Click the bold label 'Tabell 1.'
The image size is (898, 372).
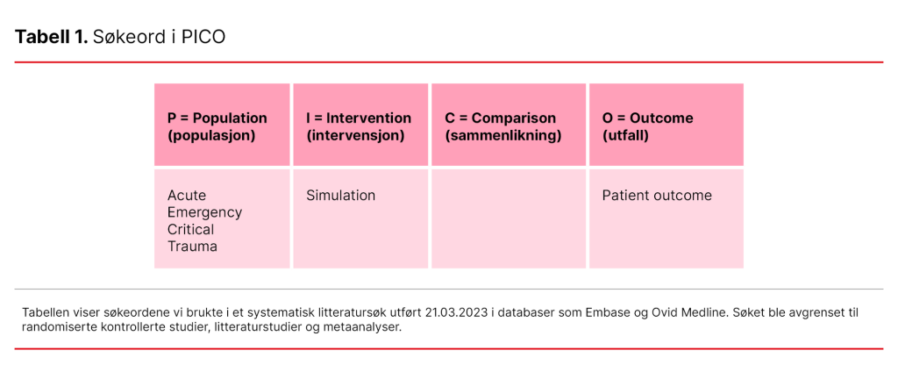pos(51,39)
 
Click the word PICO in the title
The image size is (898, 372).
pos(203,39)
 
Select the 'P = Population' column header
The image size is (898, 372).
pos(217,118)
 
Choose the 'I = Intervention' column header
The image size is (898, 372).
pos(358,118)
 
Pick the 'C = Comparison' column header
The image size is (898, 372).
pos(500,118)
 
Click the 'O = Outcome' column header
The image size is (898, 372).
pos(647,118)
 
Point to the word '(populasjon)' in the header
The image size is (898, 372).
pos(211,136)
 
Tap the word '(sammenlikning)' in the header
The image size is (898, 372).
pos(502,136)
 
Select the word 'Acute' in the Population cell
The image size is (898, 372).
pos(187,196)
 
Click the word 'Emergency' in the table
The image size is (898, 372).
pos(204,212)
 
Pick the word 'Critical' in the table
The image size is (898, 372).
pos(190,230)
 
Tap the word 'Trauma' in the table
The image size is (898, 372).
pos(192,247)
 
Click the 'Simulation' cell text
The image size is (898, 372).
pos(340,196)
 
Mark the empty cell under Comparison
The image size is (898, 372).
pos(508,218)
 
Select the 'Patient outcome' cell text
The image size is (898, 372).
pos(657,196)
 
